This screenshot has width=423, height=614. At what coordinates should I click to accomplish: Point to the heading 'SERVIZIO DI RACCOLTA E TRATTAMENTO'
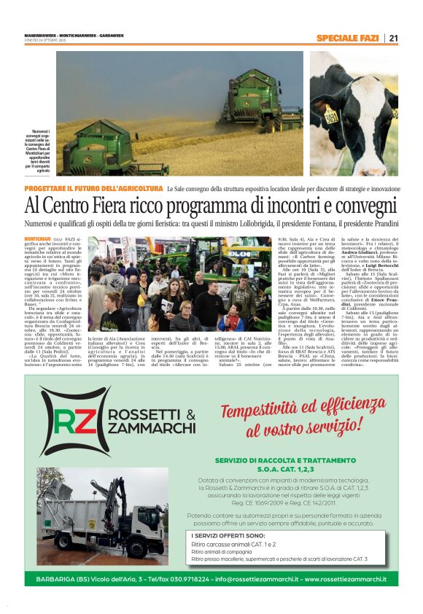click(275, 460)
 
